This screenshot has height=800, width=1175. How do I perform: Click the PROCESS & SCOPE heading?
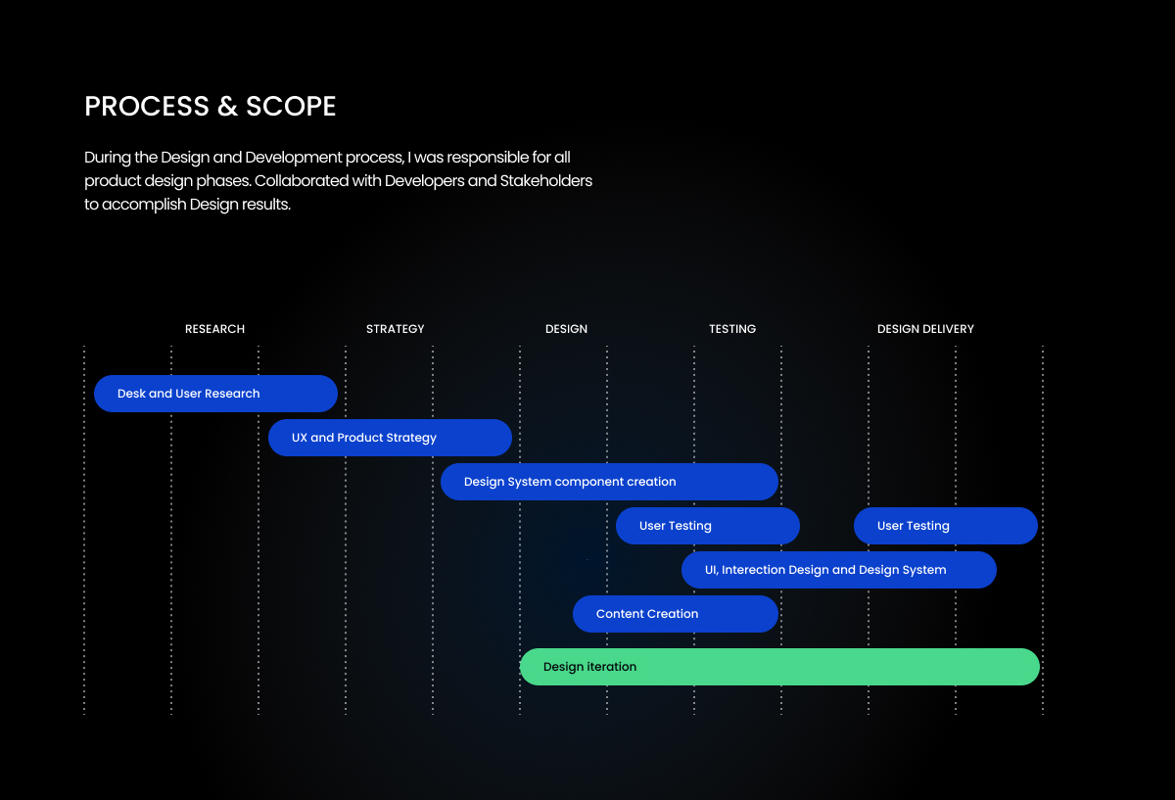(x=210, y=106)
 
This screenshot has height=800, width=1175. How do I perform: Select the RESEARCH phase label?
(x=214, y=329)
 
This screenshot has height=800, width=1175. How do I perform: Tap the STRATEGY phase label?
(x=395, y=329)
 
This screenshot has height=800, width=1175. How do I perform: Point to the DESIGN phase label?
(x=566, y=329)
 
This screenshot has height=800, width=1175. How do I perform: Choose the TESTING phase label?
(x=732, y=329)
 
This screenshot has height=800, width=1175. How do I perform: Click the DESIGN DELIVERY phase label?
(x=925, y=329)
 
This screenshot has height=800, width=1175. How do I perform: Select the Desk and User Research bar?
(x=215, y=394)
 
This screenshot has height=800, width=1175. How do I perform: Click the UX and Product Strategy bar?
(x=390, y=438)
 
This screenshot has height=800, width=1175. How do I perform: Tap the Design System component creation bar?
(x=609, y=482)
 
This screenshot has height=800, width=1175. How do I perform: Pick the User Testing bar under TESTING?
(x=708, y=526)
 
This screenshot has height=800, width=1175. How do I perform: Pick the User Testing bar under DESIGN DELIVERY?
(x=945, y=526)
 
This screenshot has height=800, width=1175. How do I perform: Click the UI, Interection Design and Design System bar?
(x=839, y=570)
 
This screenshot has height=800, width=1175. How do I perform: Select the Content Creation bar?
(x=675, y=614)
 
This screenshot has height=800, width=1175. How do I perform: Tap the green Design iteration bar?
(x=779, y=667)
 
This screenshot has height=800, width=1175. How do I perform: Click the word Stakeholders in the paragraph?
(x=545, y=181)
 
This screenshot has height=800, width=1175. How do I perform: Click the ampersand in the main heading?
(x=227, y=106)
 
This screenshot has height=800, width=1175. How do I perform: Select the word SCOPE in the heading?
(x=291, y=106)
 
